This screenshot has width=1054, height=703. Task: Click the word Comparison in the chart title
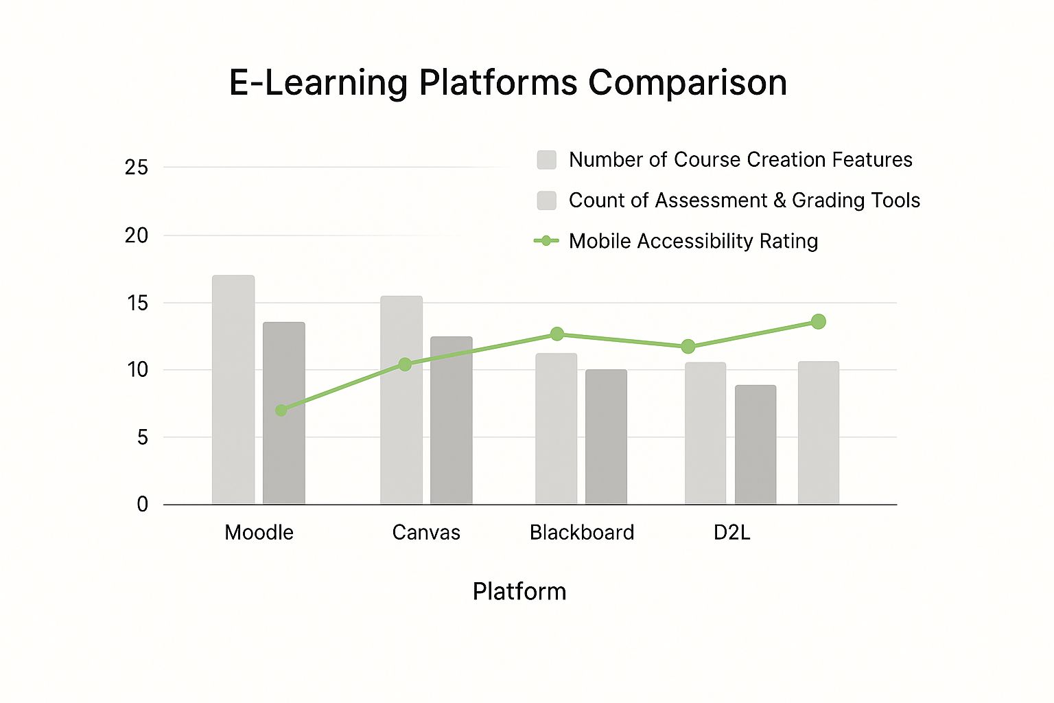tap(688, 83)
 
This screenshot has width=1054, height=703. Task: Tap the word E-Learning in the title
tap(318, 83)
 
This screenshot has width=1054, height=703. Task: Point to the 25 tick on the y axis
tap(137, 167)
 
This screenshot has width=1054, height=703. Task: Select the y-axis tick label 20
tap(137, 235)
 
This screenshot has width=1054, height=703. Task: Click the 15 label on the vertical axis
tap(137, 303)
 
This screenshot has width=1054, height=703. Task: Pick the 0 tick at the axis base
tap(143, 505)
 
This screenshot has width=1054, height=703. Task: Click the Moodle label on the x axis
tap(259, 533)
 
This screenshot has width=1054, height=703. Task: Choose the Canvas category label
tap(426, 533)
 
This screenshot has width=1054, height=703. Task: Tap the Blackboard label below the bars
tap(582, 533)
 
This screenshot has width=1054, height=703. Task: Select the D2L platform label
tap(731, 533)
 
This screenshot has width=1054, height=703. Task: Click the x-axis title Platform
tap(519, 591)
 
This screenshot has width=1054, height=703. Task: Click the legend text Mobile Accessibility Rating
tap(694, 241)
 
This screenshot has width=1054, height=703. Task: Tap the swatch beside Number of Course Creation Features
tap(547, 160)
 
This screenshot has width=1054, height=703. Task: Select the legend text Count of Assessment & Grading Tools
tap(745, 200)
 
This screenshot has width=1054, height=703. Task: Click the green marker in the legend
tap(546, 241)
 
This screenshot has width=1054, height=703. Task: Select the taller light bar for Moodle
tap(233, 390)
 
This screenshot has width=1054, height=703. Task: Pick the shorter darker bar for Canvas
tap(452, 420)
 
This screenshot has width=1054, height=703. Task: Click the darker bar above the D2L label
tap(756, 445)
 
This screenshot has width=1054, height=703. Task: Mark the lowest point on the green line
tap(281, 410)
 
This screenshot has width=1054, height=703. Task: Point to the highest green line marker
tap(819, 321)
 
